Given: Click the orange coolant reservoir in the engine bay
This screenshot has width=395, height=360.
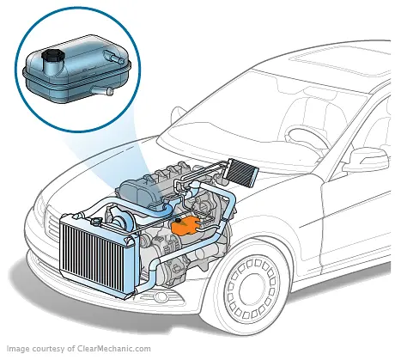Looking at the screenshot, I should point(183,226).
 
